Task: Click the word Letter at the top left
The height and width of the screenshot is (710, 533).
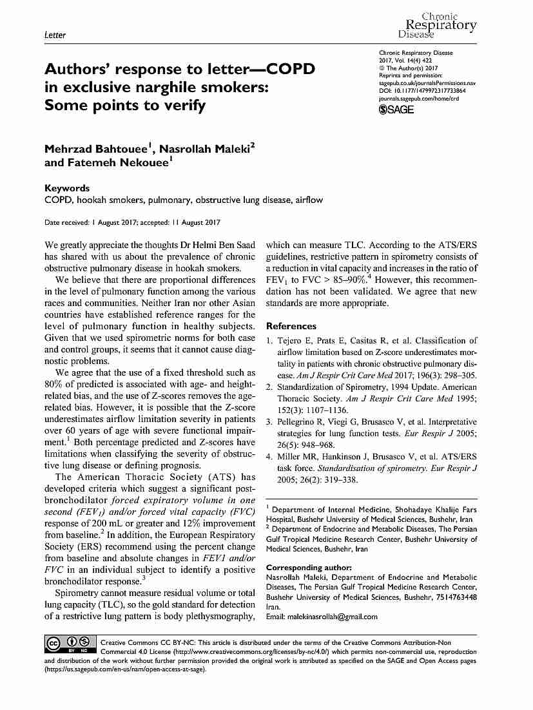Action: [x=55, y=35]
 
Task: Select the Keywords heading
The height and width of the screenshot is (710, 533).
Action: [x=67, y=188]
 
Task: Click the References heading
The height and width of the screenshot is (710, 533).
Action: [x=291, y=326]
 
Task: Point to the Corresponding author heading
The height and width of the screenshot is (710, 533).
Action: [x=309, y=568]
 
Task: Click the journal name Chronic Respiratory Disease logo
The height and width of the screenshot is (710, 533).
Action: [x=438, y=24]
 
